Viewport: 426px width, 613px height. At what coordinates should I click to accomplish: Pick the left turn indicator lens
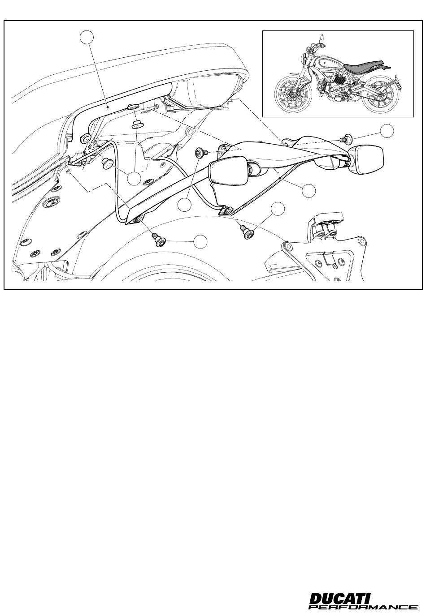click(229, 171)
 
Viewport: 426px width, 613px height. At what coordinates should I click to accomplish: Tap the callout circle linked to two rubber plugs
click(135, 179)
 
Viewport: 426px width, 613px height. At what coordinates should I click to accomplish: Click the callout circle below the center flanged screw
click(184, 205)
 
